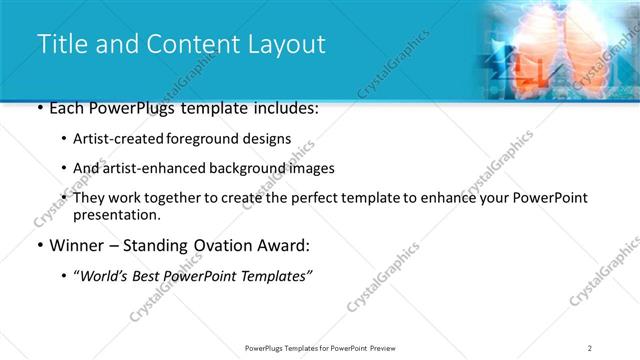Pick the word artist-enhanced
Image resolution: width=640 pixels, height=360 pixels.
pyautogui.click(x=154, y=168)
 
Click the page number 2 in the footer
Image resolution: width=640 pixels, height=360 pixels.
pyautogui.click(x=590, y=348)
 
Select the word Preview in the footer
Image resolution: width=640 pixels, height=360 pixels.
pyautogui.click(x=389, y=348)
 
